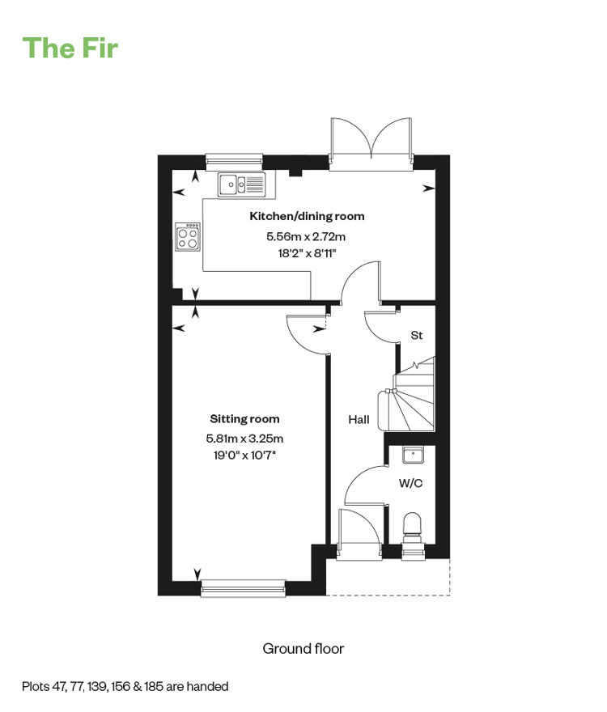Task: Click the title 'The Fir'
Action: (70, 48)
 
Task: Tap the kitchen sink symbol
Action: (241, 184)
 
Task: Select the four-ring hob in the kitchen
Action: (188, 236)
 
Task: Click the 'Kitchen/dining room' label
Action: (307, 216)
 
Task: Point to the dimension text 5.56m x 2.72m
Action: (306, 236)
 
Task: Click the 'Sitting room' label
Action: (244, 418)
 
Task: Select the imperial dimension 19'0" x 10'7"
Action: (244, 455)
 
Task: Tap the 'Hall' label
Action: (359, 420)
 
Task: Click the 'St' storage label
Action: (417, 335)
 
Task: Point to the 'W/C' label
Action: (410, 483)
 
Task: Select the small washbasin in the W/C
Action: (413, 455)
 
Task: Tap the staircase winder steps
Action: (411, 400)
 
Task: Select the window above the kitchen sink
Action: (235, 161)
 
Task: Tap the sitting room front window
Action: (244, 587)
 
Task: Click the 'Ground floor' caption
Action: (303, 649)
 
